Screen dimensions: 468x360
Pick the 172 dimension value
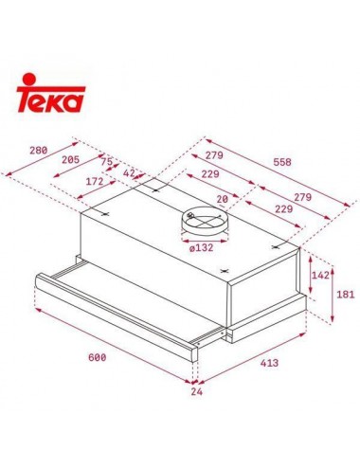pos(95,180)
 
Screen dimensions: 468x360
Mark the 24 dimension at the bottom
pos(197,389)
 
